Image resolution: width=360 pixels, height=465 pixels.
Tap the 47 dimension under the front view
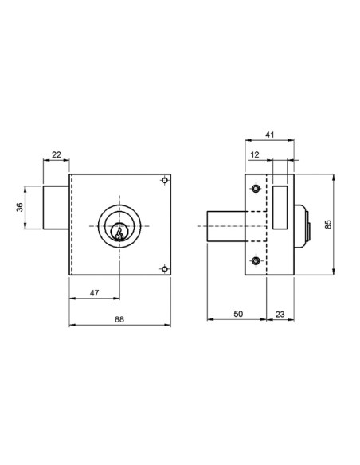(94, 294)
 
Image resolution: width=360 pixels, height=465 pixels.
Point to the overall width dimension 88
(119, 320)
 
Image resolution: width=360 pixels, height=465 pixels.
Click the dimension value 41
(270, 136)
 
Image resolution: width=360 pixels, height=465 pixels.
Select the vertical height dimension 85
(328, 225)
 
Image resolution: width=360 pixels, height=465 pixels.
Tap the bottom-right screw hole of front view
(163, 268)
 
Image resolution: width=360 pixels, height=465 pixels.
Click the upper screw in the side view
(255, 189)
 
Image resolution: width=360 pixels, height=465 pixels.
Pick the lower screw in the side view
(255, 261)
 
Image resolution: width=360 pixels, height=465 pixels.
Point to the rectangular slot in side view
(280, 205)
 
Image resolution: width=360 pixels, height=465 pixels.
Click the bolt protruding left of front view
(57, 208)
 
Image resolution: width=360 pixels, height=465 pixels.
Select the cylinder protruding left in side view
(226, 225)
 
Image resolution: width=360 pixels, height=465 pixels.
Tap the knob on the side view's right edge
(304, 225)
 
